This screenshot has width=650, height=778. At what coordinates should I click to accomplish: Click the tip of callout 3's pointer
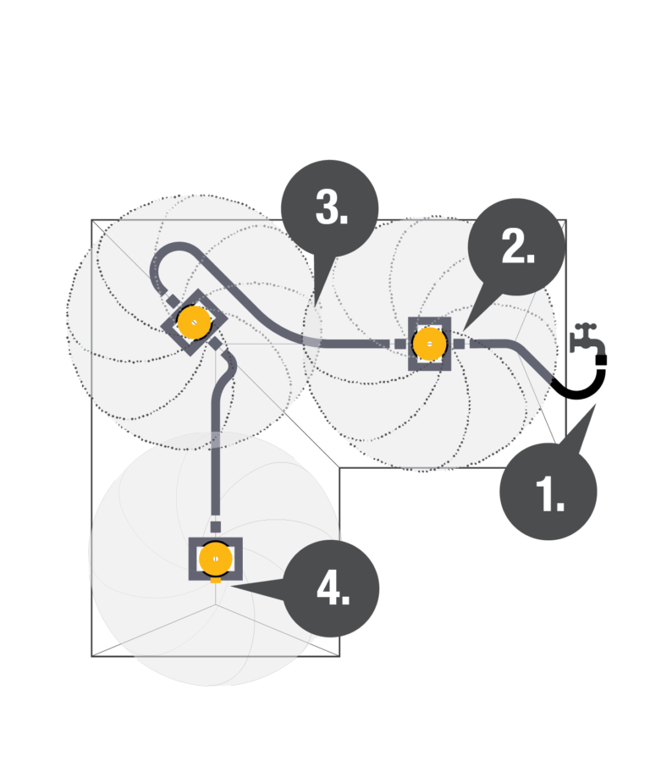click(314, 306)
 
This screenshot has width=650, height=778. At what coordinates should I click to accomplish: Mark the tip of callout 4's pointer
click(229, 587)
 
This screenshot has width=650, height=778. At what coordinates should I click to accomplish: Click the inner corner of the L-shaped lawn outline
click(339, 467)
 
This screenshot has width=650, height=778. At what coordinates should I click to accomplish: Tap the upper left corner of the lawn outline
click(91, 220)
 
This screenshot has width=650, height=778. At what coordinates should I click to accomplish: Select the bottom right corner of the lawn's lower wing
click(339, 656)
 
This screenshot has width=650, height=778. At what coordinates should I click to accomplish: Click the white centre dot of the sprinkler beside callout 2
click(430, 344)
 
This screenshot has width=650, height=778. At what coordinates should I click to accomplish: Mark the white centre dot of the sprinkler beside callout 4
click(215, 559)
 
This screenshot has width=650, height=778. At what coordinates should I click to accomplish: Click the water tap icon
click(587, 339)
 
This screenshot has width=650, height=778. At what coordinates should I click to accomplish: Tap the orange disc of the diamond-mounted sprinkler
click(195, 323)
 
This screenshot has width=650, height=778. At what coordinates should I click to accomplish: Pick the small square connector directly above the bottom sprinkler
click(215, 527)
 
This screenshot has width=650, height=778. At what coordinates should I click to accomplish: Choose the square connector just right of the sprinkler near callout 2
click(459, 344)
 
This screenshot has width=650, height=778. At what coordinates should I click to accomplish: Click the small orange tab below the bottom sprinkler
click(215, 580)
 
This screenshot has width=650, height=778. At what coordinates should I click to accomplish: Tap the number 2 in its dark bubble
click(518, 247)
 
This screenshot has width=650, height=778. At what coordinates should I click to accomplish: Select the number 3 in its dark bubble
click(332, 207)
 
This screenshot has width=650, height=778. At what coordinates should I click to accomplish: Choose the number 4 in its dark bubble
click(333, 588)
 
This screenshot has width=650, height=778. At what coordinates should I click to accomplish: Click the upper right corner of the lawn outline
click(566, 220)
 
